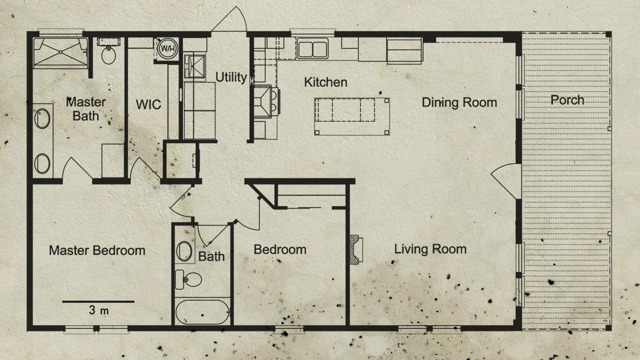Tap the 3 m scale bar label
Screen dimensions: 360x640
pyautogui.click(x=99, y=310)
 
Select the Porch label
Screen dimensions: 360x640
pyautogui.click(x=567, y=100)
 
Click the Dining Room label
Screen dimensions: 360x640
pyautogui.click(x=459, y=103)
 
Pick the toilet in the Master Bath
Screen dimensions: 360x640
pyautogui.click(x=108, y=54)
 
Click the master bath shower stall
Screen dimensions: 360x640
pyautogui.click(x=60, y=53)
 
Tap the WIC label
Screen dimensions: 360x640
pyautogui.click(x=148, y=105)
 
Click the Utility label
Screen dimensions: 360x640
pyautogui.click(x=231, y=77)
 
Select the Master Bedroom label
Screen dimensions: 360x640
pyautogui.click(x=97, y=251)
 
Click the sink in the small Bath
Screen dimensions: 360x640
pyautogui.click(x=184, y=251)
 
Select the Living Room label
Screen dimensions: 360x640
pyautogui.click(x=430, y=249)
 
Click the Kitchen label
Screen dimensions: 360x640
pyautogui.click(x=325, y=82)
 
